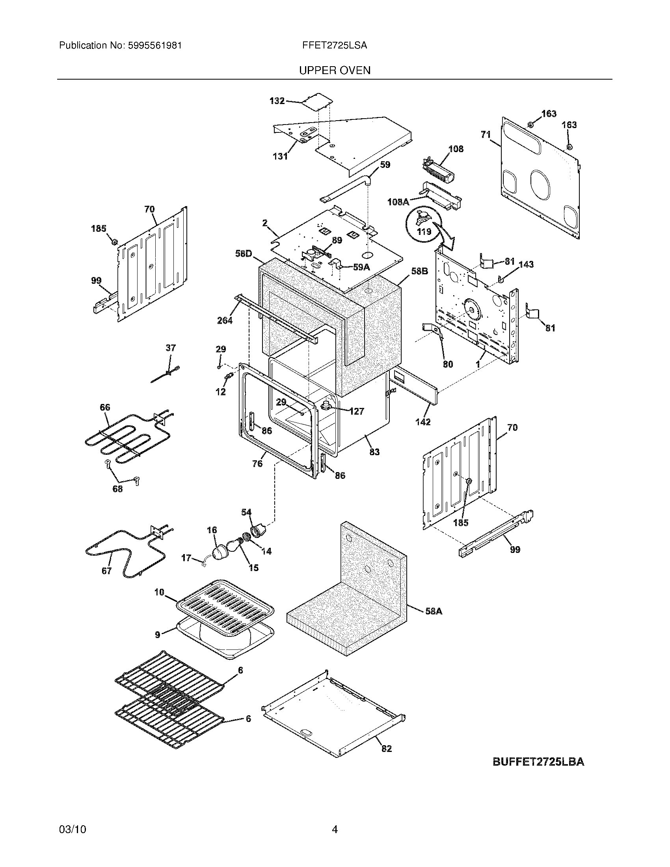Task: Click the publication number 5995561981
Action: point(155,46)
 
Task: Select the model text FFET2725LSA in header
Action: point(334,46)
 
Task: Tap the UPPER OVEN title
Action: point(335,71)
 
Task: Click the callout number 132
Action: point(277,101)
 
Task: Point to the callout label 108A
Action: point(398,202)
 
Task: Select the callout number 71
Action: point(486,135)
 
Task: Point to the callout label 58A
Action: point(434,611)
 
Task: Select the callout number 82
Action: point(386,748)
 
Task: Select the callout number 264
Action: point(225,320)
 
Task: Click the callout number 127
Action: point(356,411)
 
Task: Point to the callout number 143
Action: point(526,264)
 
